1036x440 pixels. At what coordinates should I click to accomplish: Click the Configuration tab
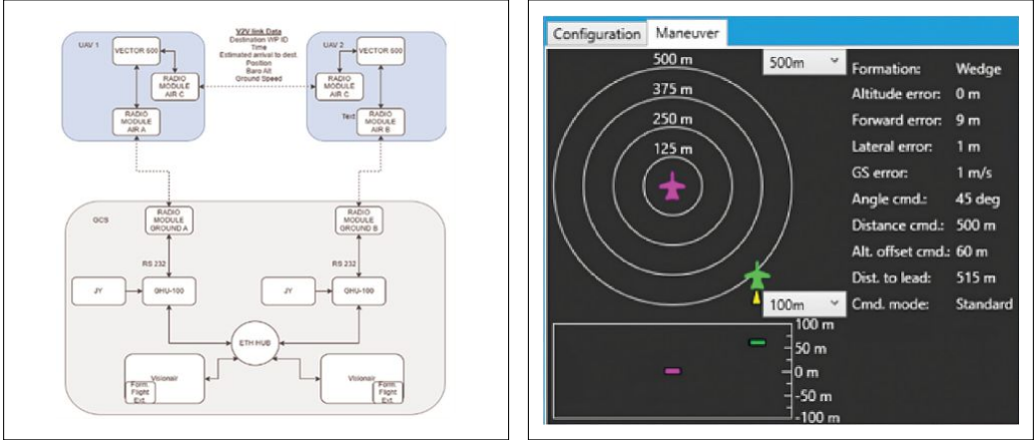coord(596,34)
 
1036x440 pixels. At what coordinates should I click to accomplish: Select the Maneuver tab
coord(688,33)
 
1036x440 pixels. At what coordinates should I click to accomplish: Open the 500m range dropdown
coord(803,63)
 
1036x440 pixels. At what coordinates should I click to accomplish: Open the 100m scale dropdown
coord(803,304)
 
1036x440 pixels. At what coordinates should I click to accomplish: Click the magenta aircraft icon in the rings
coord(674,188)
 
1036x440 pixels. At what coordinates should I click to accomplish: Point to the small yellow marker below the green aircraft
coord(757,296)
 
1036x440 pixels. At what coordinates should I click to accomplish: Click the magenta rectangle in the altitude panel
coord(672,371)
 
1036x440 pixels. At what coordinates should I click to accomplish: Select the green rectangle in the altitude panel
coord(758,343)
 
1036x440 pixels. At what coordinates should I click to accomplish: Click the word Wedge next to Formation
coord(978,70)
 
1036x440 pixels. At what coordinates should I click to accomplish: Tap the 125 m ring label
coord(673,149)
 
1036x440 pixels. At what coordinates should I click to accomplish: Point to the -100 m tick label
coord(816,417)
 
